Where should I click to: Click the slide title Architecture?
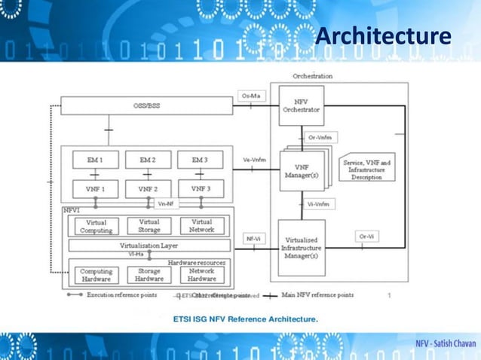coord(382,35)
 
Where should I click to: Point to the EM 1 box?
coord(95,160)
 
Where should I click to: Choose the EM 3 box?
coord(201,160)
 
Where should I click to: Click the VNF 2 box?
coord(149,188)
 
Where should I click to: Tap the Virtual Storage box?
coord(149,226)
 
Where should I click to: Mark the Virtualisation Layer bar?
coord(149,246)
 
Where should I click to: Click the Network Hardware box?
coord(201,274)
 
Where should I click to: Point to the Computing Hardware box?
coord(96,274)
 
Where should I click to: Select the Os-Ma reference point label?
coord(252,96)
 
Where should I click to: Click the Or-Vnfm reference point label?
coord(321,137)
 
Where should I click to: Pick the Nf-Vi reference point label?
coord(253,239)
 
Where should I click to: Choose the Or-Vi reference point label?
coord(366,236)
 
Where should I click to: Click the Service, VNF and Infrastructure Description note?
coord(366,169)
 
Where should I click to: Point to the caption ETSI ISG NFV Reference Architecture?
coord(246,319)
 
